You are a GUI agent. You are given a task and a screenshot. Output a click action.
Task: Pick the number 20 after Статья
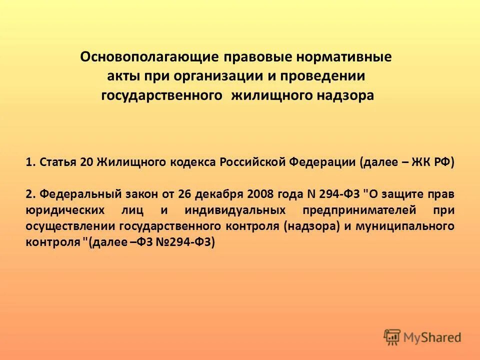click(85, 162)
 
